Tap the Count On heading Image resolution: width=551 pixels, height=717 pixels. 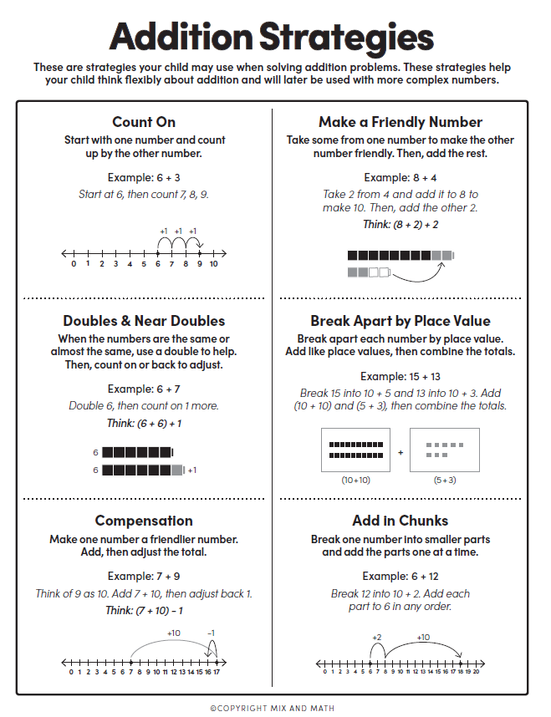(x=144, y=122)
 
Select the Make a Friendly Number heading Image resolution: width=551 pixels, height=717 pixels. (x=400, y=122)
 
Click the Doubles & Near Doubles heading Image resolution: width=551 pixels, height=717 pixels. (x=144, y=321)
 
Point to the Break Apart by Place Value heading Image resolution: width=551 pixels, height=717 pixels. (x=400, y=321)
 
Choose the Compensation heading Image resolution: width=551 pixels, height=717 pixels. (x=144, y=521)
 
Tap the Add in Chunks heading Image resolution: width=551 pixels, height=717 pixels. (x=400, y=521)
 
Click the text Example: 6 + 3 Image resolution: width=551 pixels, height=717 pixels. (x=144, y=177)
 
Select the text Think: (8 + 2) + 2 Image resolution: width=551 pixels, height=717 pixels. (x=400, y=224)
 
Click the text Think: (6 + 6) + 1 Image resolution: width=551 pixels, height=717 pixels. (x=144, y=424)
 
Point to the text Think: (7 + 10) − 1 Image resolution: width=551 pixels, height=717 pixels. (x=144, y=610)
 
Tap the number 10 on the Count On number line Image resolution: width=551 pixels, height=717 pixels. (x=213, y=264)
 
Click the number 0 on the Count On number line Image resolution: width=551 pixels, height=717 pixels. (x=74, y=264)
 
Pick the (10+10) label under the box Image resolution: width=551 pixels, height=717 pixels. (x=357, y=481)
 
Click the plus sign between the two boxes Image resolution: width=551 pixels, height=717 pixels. (x=400, y=452)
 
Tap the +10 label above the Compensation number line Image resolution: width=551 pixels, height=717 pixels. (x=174, y=633)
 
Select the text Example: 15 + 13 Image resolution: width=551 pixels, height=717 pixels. (x=400, y=376)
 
